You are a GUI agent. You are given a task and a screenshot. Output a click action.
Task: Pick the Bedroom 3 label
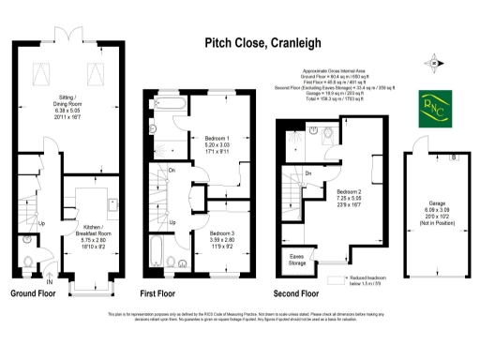pyautogui.click(x=220, y=237)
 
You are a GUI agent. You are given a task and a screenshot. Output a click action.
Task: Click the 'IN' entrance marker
pyautogui.click(x=49, y=278)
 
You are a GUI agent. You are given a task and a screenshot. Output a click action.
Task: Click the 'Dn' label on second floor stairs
pyautogui.click(x=308, y=173)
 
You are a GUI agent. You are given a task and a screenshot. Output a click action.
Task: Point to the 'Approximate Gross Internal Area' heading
pyautogui.click(x=338, y=70)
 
